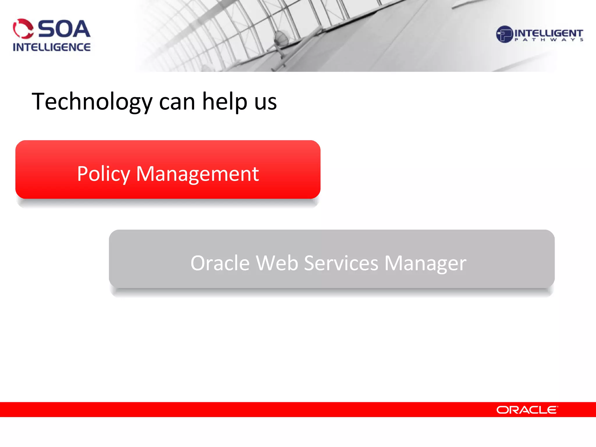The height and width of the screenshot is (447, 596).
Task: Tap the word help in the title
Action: click(x=224, y=102)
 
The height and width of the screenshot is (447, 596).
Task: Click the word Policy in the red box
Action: click(x=103, y=174)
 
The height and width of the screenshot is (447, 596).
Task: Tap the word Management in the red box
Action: click(x=197, y=174)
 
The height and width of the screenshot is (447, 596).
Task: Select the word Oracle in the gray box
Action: click(x=220, y=263)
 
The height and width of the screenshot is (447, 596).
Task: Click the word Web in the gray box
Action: click(x=277, y=263)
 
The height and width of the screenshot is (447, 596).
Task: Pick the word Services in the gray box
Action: click(x=341, y=263)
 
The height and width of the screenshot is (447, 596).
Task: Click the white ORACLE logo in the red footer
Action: click(x=527, y=410)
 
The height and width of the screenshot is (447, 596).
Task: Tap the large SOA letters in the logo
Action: click(x=64, y=29)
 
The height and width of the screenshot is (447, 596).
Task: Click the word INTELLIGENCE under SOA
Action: click(x=52, y=47)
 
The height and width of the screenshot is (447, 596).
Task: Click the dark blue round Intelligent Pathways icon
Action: click(x=504, y=34)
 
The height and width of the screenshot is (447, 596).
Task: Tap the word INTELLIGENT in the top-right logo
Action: click(x=549, y=33)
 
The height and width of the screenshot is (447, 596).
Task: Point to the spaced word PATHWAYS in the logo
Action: click(x=549, y=40)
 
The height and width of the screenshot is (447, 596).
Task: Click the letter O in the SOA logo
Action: click(x=64, y=29)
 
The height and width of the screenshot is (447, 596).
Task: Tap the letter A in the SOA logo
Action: click(x=81, y=29)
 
